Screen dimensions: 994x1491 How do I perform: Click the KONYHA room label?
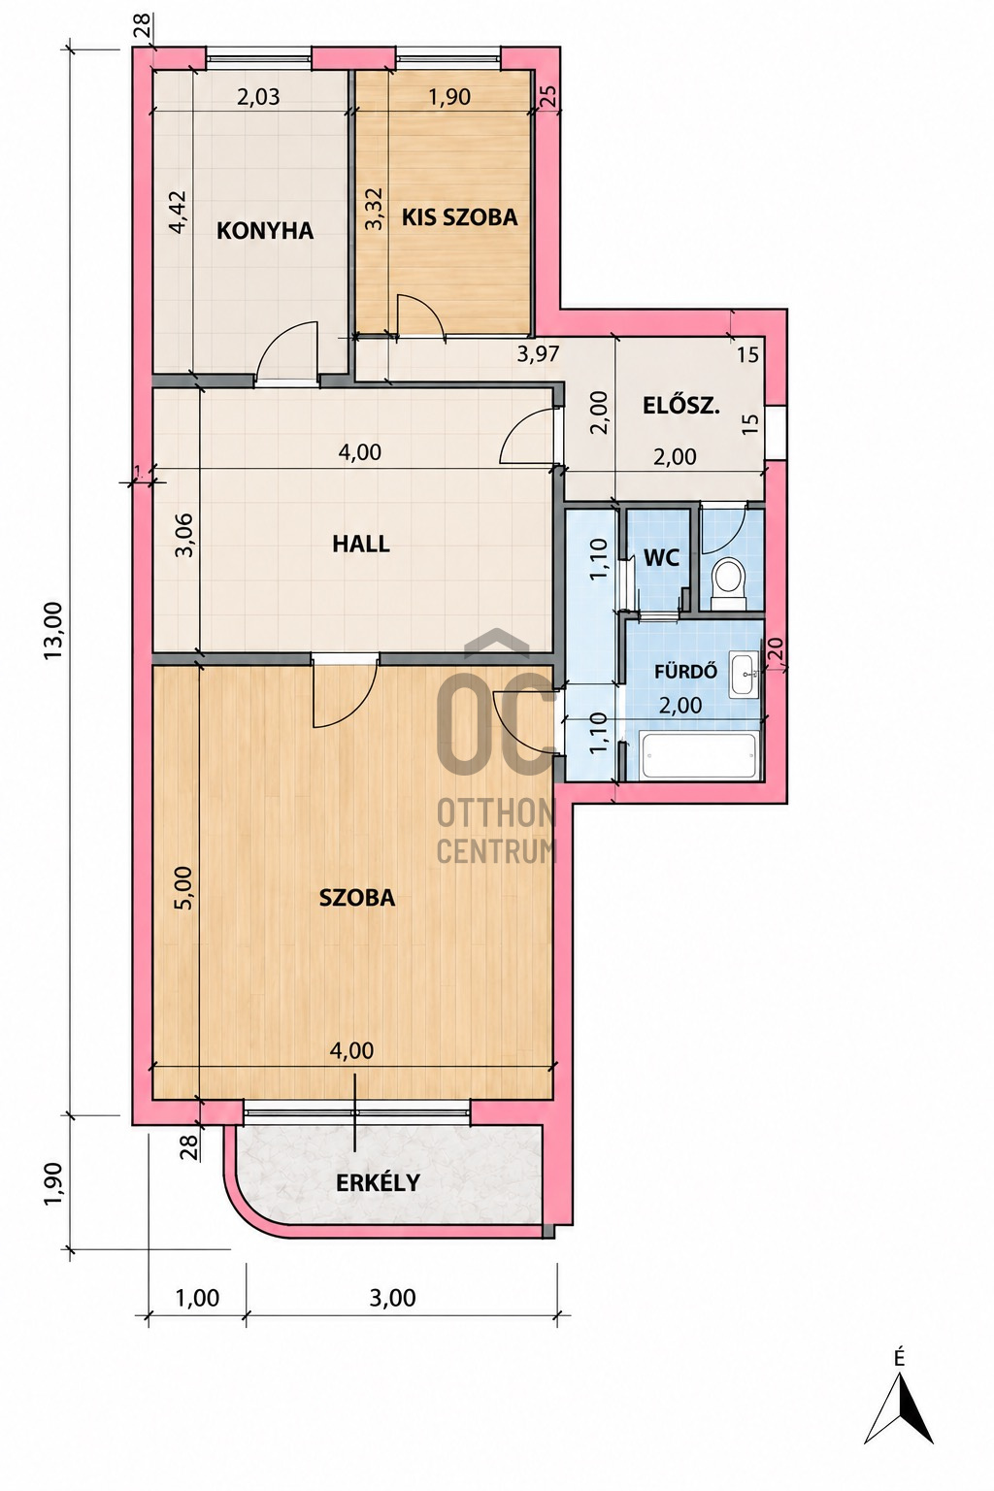[x=265, y=231]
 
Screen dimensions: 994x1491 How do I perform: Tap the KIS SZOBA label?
[x=459, y=217]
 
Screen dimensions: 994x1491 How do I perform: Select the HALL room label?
[x=361, y=544]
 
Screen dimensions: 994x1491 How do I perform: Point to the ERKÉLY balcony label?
[x=379, y=1182]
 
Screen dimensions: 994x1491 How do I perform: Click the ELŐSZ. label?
[x=681, y=406]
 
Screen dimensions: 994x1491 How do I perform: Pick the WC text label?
[x=661, y=558]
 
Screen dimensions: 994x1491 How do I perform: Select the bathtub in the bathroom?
[x=699, y=755]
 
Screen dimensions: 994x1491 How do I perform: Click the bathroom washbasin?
[x=744, y=675]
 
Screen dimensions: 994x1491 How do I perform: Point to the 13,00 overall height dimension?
[x=53, y=631]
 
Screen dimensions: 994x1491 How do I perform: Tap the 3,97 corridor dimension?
[x=538, y=354]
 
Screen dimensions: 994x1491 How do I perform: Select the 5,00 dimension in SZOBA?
[x=183, y=887]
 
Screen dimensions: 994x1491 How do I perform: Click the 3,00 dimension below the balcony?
[x=393, y=1297]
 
